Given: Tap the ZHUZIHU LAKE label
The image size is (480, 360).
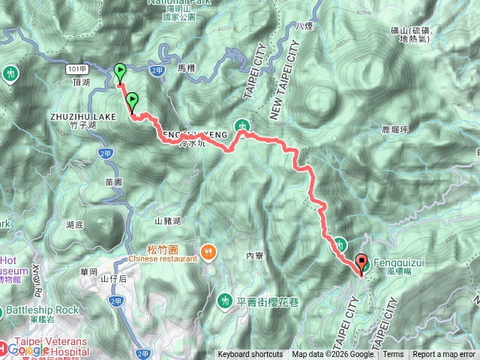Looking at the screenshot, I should click(82, 117).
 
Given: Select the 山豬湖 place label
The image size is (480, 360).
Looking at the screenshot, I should click(168, 220).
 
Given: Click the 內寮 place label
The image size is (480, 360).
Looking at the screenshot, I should click(256, 256).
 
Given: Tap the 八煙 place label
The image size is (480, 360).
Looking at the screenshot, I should click(303, 26).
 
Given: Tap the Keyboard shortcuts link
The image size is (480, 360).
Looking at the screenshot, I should click(250, 355).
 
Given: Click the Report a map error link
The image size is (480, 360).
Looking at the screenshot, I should click(444, 355).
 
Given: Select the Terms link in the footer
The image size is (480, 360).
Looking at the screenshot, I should click(393, 355).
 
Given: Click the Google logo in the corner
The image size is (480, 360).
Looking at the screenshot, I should click(28, 349).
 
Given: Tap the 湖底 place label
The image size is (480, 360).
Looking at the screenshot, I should click(74, 224).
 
